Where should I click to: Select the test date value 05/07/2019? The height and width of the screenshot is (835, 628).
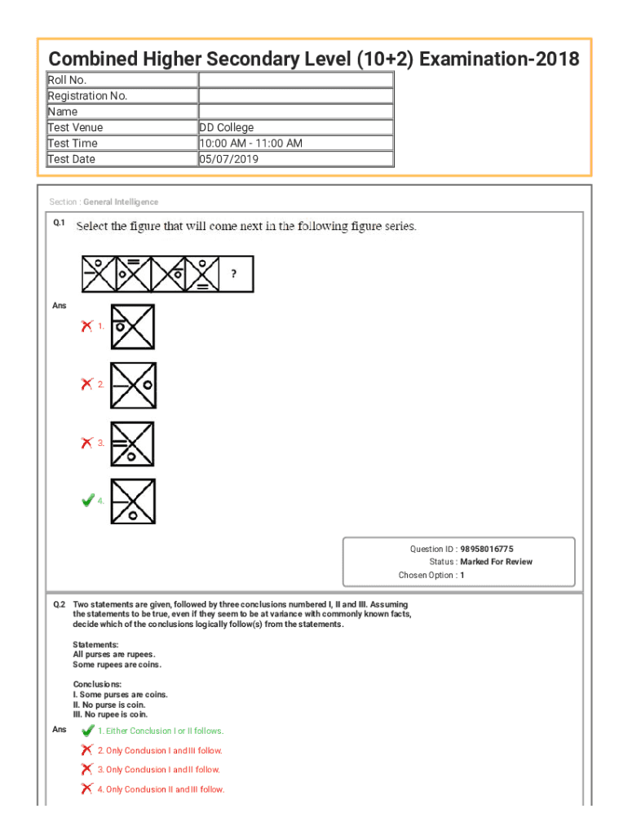[228, 159]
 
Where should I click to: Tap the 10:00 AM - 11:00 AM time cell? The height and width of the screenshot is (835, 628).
[251, 144]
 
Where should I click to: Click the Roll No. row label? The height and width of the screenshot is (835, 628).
[68, 80]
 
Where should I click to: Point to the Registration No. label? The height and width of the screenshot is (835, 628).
[88, 95]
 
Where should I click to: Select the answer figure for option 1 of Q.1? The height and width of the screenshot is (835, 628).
[133, 326]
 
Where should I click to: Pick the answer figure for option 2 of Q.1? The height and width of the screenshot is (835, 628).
[133, 384]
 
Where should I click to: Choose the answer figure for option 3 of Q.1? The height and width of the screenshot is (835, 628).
[133, 443]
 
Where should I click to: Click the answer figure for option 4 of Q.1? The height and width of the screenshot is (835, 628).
[133, 501]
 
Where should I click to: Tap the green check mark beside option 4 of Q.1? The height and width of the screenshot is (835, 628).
[87, 501]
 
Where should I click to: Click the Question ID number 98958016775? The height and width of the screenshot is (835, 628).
[487, 550]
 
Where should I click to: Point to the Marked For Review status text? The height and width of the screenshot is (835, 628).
[496, 562]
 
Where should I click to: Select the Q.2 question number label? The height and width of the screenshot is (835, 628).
[60, 605]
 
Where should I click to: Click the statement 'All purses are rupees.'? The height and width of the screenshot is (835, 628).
[114, 655]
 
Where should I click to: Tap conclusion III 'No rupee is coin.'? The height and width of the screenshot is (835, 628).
[111, 714]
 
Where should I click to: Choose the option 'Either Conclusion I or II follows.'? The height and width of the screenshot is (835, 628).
[161, 731]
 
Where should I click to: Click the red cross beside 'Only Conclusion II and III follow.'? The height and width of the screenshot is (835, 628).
[86, 789]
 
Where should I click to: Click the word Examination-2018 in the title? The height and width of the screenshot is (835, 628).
[501, 60]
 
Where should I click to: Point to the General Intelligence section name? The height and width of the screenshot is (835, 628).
[121, 202]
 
